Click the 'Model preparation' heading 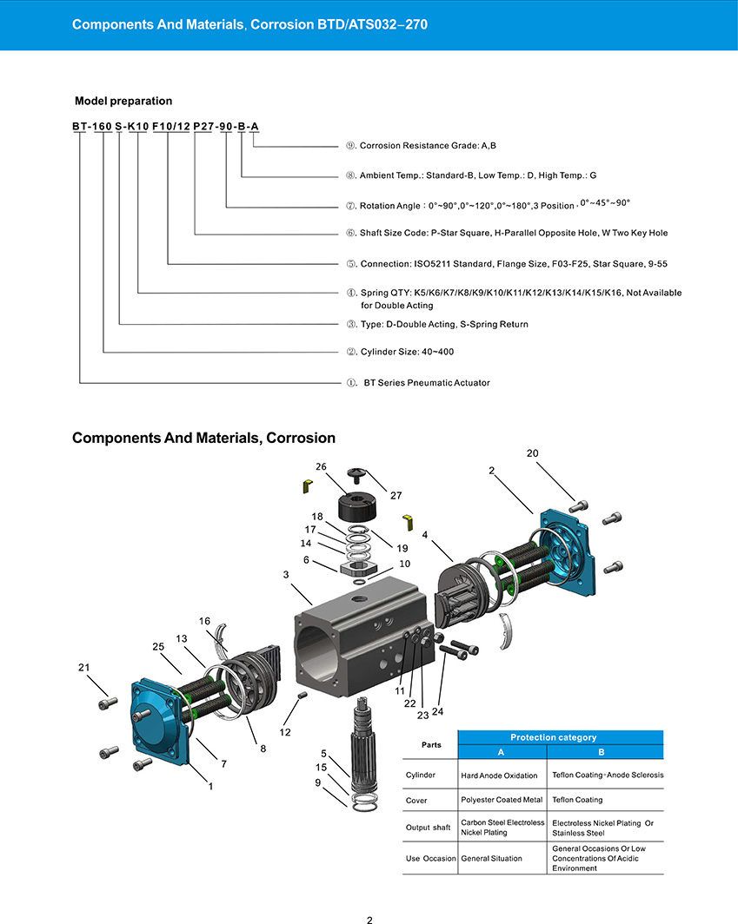click(x=123, y=101)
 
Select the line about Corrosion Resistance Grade click(x=427, y=145)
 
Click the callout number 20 click(x=533, y=453)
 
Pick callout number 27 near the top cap click(x=396, y=495)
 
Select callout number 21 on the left click(x=83, y=667)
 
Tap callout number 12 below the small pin click(x=285, y=733)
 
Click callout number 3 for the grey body click(x=285, y=574)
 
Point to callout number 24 click(x=437, y=712)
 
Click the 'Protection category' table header click(x=560, y=737)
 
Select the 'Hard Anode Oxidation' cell click(x=499, y=775)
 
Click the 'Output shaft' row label click(x=429, y=827)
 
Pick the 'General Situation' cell click(x=491, y=858)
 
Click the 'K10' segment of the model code click(x=138, y=127)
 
